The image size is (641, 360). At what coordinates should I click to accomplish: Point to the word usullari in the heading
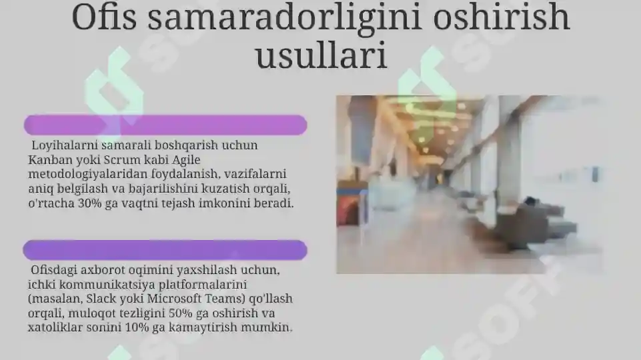322,57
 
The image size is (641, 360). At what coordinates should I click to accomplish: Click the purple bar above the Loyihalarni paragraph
165,125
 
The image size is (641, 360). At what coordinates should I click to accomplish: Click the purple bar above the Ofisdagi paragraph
165,250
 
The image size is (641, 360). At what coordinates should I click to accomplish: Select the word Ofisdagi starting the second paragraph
55,271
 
